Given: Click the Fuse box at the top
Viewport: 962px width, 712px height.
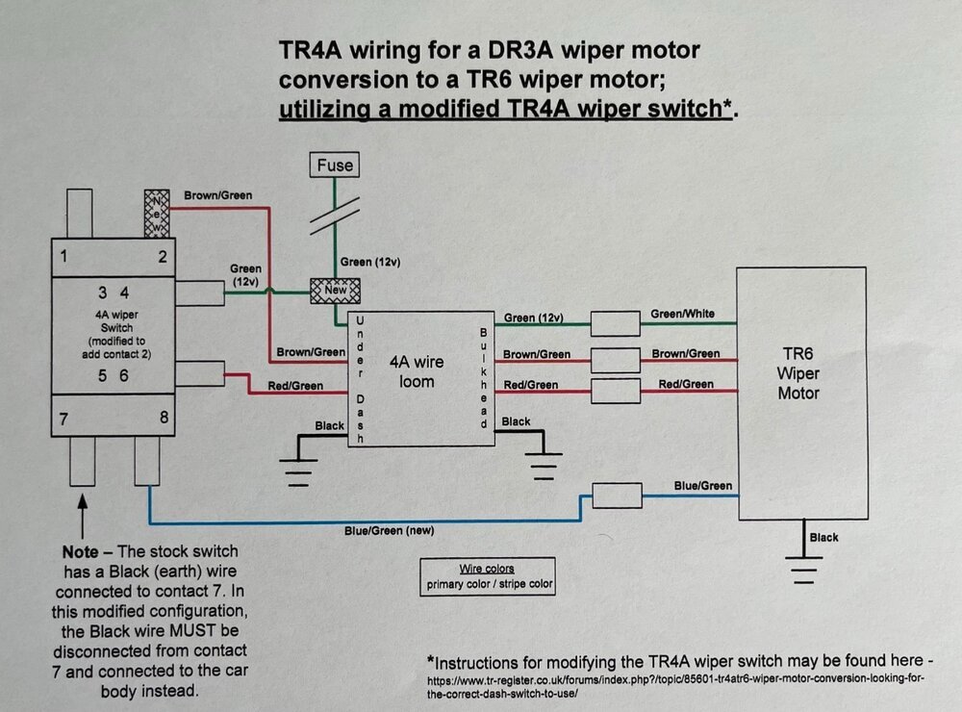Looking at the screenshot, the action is click(335, 165).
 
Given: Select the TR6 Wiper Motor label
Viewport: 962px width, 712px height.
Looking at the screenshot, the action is click(798, 373).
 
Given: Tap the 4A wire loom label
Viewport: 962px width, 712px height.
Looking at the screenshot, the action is click(417, 371).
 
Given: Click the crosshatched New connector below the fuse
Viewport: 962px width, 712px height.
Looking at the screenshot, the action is click(335, 291).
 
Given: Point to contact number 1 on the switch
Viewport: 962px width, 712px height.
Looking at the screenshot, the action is click(63, 256).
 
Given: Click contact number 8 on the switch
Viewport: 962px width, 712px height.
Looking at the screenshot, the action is click(164, 418).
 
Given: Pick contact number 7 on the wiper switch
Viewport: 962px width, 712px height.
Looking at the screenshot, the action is click(63, 420).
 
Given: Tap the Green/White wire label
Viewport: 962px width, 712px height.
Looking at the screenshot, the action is click(682, 314).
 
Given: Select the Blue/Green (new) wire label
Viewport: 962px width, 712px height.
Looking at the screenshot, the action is click(389, 530).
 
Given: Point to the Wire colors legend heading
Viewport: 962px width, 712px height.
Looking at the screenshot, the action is click(487, 569).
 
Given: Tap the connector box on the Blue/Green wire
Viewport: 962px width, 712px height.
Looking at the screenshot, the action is click(618, 496).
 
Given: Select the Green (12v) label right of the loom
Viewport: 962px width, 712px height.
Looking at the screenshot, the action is click(533, 318).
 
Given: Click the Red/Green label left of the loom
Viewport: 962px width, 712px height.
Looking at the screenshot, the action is click(295, 386).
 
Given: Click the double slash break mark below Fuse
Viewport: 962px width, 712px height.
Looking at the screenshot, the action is click(335, 216).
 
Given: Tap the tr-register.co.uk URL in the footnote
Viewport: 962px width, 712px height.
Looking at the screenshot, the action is click(675, 686).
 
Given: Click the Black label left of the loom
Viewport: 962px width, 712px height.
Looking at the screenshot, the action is click(329, 426).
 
